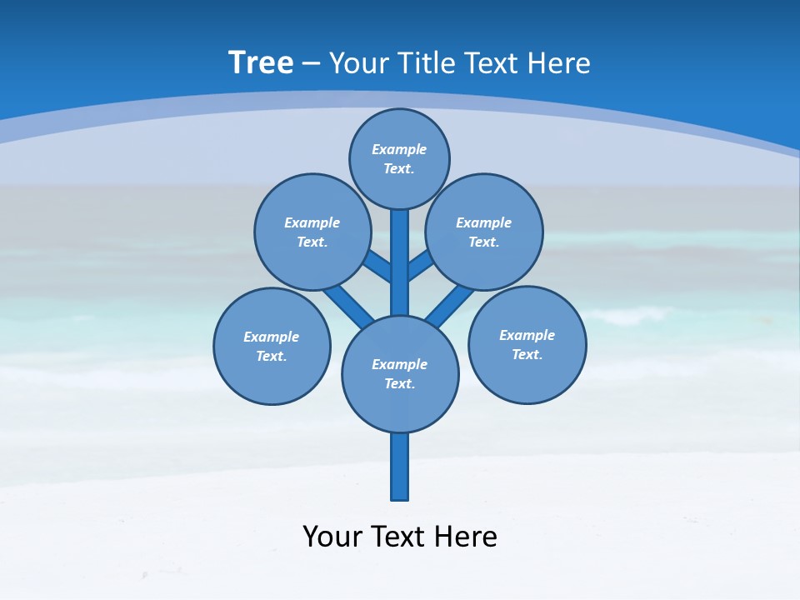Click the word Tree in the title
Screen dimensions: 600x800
pos(261,62)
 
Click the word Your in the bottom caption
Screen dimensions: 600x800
pos(333,537)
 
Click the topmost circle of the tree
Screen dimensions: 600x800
pos(399,158)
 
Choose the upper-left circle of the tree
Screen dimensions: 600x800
pos(312,232)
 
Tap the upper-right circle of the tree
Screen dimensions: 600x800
pos(484,232)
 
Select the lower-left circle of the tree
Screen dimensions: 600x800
pos(272,346)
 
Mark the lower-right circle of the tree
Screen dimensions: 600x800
pos(527,344)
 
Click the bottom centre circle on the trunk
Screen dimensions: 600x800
pos(400,373)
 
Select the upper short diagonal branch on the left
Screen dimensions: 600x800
pos(378,266)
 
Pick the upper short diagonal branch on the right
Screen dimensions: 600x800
pos(419,267)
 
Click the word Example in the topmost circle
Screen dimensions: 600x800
pos(399,149)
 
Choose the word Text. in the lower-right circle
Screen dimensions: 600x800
pos(527,354)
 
